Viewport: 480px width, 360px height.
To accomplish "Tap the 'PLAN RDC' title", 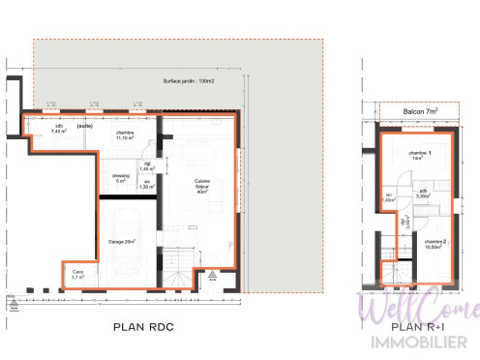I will (x=145, y=326).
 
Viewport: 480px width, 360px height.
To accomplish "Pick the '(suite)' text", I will (x=85, y=126).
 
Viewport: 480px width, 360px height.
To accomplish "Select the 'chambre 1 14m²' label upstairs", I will (x=418, y=156).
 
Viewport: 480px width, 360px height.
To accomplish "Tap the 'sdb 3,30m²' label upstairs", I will (x=422, y=194).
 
